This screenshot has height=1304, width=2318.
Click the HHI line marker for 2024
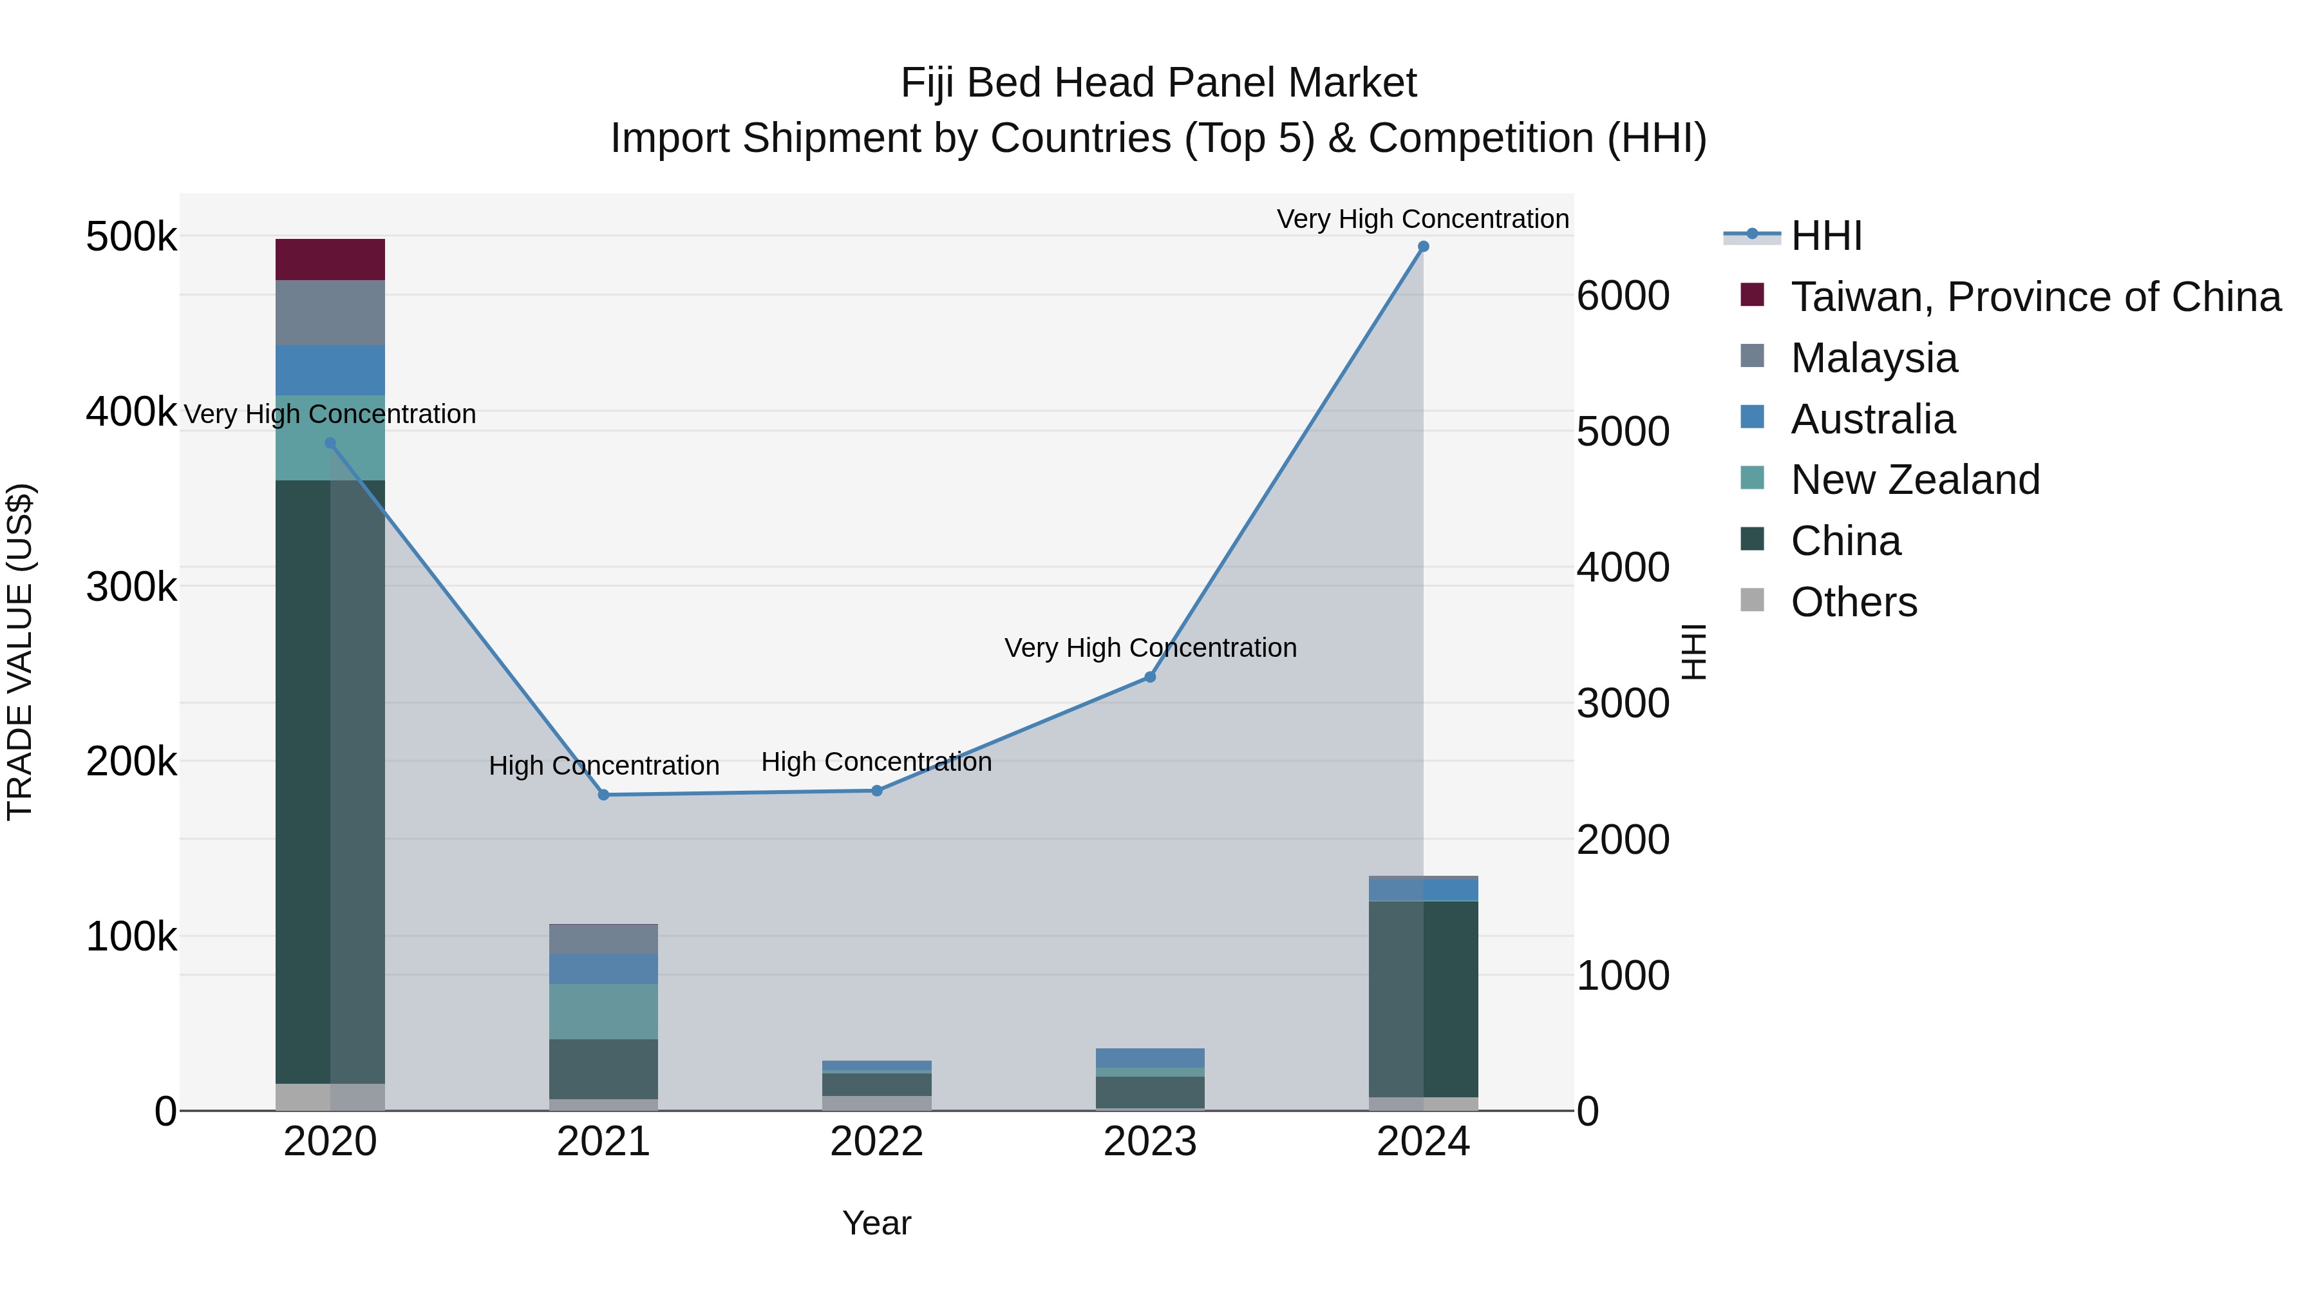1422,247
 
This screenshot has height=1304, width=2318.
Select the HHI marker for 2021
604,795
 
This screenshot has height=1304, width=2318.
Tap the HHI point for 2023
1149,677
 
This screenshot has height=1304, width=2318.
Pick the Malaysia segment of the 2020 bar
330,312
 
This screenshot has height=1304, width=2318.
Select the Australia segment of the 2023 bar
1149,1057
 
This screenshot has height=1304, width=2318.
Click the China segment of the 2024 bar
1422,998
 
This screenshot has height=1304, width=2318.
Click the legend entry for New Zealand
1914,480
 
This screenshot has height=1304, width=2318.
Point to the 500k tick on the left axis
131,238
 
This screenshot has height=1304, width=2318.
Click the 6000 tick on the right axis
1623,296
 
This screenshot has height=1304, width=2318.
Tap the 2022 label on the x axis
876,1142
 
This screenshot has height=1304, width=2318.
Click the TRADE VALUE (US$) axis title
20,652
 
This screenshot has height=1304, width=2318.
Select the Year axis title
876,1223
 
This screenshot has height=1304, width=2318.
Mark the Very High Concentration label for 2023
1150,647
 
